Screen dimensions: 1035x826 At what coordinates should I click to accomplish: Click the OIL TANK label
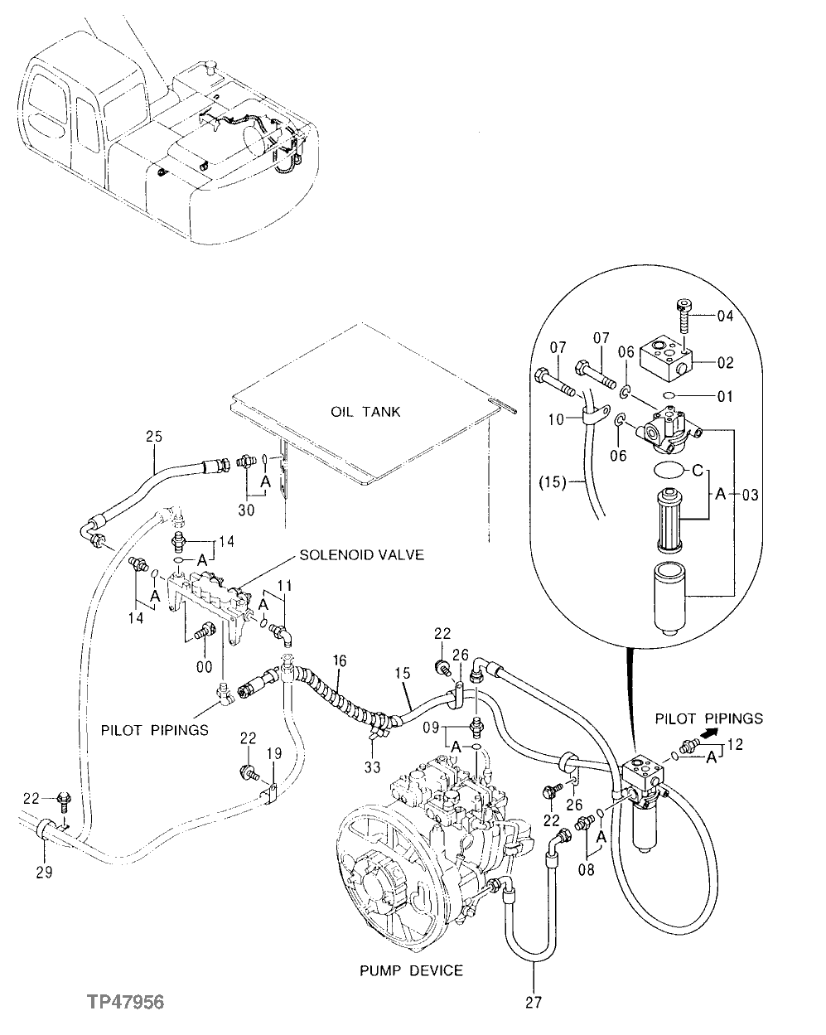click(x=365, y=412)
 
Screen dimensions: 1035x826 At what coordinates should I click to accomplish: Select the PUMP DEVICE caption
click(x=411, y=970)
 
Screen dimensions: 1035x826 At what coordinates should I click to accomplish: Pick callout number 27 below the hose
click(x=534, y=1003)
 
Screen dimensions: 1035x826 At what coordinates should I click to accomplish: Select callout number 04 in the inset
click(x=725, y=315)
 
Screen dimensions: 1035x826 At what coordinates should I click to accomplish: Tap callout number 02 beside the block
click(x=725, y=362)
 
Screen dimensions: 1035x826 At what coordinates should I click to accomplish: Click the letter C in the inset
click(x=698, y=471)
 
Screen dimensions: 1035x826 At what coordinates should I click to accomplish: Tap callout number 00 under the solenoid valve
click(x=203, y=665)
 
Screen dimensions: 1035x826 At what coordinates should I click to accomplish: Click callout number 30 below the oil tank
click(x=245, y=510)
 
